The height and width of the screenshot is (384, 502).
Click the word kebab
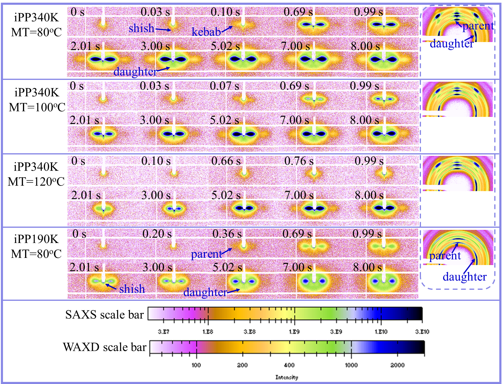pyautogui.click(x=206, y=32)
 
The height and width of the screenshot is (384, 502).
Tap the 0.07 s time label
pyautogui.click(x=224, y=86)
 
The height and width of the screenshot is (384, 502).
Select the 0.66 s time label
pyautogui.click(x=226, y=161)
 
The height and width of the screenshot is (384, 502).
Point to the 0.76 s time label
pyautogui.click(x=299, y=161)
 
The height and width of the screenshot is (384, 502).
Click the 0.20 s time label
pyautogui.click(x=157, y=234)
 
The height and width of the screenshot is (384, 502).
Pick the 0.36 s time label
pyautogui.click(x=227, y=234)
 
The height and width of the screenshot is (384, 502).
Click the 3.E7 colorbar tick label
pyautogui.click(x=164, y=332)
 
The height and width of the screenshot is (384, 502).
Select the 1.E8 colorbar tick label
pyautogui.click(x=208, y=332)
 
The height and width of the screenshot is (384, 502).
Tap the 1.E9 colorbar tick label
pyautogui.click(x=294, y=332)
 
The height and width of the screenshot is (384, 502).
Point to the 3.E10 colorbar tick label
pyautogui.click(x=422, y=332)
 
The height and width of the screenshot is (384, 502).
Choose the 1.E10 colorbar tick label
pyautogui.click(x=381, y=332)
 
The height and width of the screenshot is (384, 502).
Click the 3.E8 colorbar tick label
pyautogui.click(x=250, y=332)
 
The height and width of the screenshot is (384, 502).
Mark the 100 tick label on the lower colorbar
pyautogui.click(x=196, y=365)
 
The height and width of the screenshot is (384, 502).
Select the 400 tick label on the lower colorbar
pyautogui.click(x=289, y=365)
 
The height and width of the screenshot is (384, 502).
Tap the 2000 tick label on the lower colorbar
pyautogui.click(x=397, y=365)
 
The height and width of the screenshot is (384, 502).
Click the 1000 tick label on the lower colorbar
pyautogui.click(x=351, y=365)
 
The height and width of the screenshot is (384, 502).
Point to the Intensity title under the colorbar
pyautogui.click(x=287, y=377)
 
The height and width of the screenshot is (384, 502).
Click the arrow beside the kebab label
pyautogui.click(x=227, y=29)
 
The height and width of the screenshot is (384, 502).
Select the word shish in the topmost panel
pyautogui.click(x=142, y=28)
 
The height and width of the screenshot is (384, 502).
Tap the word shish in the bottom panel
pyautogui.click(x=132, y=289)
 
